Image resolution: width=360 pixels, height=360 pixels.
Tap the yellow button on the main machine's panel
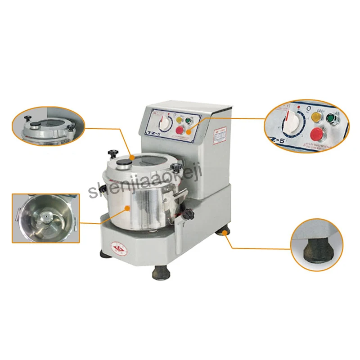178,120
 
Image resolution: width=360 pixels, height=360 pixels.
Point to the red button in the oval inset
317,134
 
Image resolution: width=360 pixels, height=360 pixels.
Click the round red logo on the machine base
119,247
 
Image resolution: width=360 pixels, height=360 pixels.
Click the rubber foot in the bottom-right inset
316,248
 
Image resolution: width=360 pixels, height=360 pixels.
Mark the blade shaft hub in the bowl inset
45,218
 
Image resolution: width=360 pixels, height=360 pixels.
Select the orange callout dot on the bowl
128,208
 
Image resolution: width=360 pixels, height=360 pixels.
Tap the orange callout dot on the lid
131,157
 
